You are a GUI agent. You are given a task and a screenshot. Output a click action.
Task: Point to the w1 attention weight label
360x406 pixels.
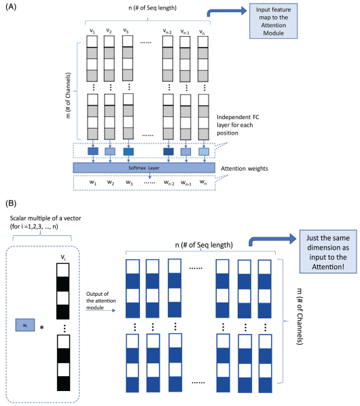pyautogui.click(x=91, y=183)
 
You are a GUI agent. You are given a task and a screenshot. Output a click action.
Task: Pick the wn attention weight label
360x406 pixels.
pyautogui.click(x=202, y=183)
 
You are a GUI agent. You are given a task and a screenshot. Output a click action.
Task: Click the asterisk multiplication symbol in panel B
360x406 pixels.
pyautogui.click(x=43, y=328)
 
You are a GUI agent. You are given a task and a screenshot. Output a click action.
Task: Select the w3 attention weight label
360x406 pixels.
pyautogui.click(x=128, y=183)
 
